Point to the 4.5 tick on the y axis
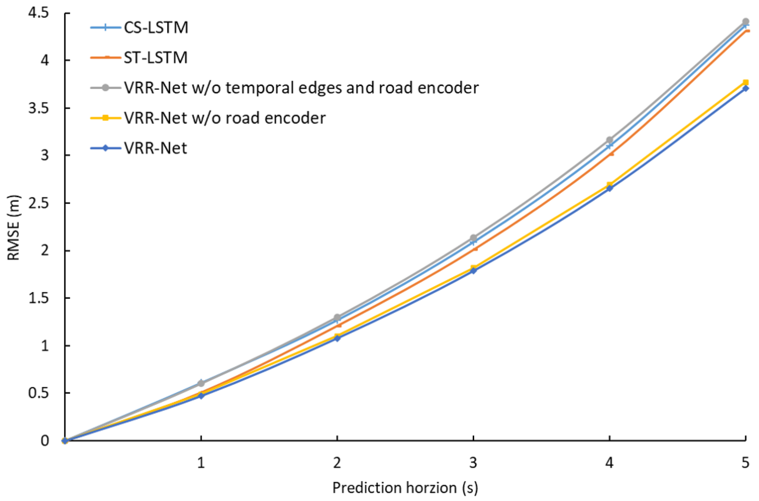point(38,14)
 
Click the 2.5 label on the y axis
point(38,203)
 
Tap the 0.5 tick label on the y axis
point(38,393)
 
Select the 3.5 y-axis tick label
point(38,108)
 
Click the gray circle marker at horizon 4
point(609,140)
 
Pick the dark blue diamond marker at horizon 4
point(609,189)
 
